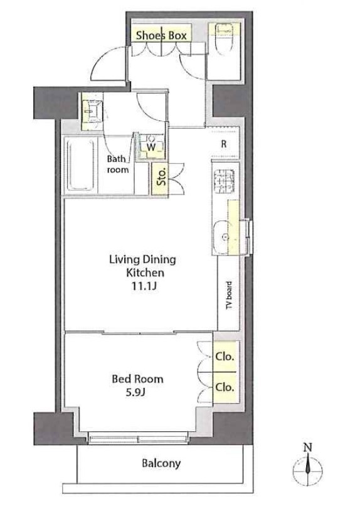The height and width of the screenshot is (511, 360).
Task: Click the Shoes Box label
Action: pyautogui.click(x=161, y=36)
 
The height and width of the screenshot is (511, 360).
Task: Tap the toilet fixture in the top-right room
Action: pyautogui.click(x=224, y=38)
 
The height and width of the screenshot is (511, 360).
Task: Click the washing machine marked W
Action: pyautogui.click(x=151, y=147)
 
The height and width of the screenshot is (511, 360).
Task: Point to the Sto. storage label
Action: pyautogui.click(x=161, y=176)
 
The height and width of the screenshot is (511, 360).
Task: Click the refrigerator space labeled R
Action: pyautogui.click(x=224, y=144)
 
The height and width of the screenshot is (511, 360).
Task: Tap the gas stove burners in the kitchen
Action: pyautogui.click(x=225, y=181)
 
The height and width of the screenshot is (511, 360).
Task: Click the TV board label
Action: pyautogui.click(x=229, y=295)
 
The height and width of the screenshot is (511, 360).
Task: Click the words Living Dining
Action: pyautogui.click(x=142, y=260)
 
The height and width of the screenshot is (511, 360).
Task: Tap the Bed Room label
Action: pyautogui.click(x=137, y=379)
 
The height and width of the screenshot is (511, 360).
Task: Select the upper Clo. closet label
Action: pyautogui.click(x=225, y=357)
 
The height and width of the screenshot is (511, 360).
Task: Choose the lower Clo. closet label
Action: pyautogui.click(x=225, y=387)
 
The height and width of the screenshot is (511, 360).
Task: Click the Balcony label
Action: pyautogui.click(x=161, y=463)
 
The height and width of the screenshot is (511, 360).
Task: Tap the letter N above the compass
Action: pyautogui.click(x=307, y=448)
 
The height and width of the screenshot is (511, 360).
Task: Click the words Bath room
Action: pyautogui.click(x=117, y=164)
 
